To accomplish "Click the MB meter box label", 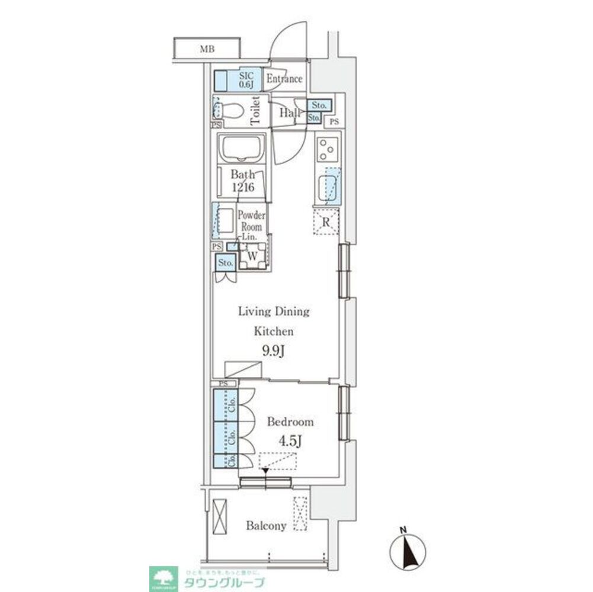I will pyautogui.click(x=206, y=49).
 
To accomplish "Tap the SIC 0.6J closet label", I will pyautogui.click(x=246, y=79).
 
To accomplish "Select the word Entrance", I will pyautogui.click(x=284, y=79).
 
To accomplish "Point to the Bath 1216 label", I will pyautogui.click(x=242, y=181).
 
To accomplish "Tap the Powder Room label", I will pyautogui.click(x=252, y=221).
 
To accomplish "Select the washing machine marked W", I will pyautogui.click(x=252, y=256).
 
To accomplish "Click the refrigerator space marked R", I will pyautogui.click(x=326, y=223).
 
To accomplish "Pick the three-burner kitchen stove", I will pyautogui.click(x=326, y=150).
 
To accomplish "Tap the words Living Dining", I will pyautogui.click(x=274, y=311).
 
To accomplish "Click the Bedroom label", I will pyautogui.click(x=290, y=422).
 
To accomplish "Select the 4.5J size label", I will pyautogui.click(x=290, y=442).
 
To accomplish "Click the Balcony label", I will pyautogui.click(x=267, y=526).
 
